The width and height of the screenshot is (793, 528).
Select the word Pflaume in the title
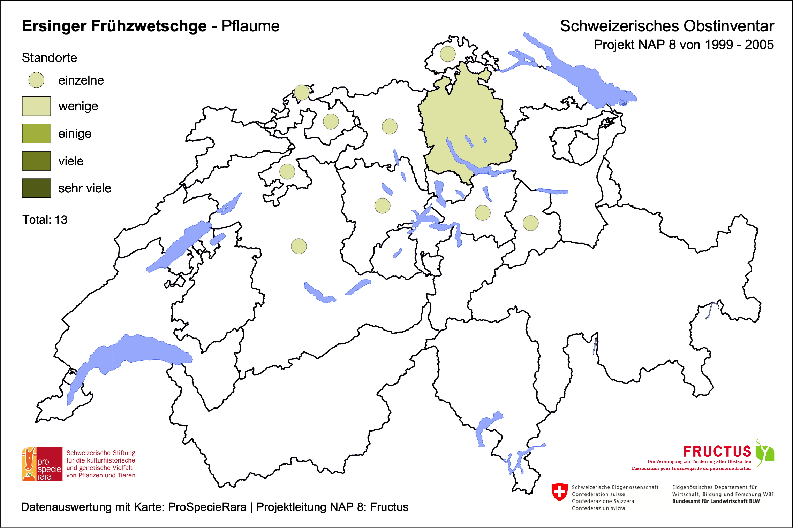pos(250,26)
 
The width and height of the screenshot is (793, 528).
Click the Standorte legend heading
pos(49,58)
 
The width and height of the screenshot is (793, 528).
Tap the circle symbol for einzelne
pos(36,80)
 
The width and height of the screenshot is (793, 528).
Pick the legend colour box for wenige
pos(36,106)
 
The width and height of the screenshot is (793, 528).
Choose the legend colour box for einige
pos(36,133)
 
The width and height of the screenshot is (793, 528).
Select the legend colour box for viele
pos(36,161)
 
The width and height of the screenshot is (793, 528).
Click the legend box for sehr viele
pos(36,188)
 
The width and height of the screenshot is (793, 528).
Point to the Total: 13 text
pos(45,220)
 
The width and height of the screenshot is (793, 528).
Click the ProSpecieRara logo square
pos(42,464)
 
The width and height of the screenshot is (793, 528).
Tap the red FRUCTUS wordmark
pos(717,452)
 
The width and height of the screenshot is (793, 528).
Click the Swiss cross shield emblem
pos(559,492)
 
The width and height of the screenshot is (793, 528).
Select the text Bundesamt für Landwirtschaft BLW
pos(716,501)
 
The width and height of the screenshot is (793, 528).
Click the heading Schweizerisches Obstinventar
pos(667,26)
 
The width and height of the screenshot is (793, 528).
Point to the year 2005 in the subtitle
pos(759,45)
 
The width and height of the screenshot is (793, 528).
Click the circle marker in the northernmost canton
pos(447,54)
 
